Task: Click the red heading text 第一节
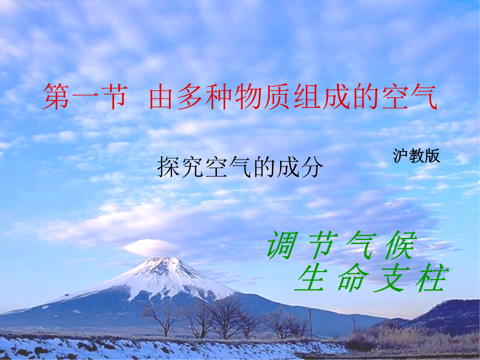coord(85,97)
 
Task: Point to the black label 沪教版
coord(416,156)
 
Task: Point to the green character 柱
coord(432,277)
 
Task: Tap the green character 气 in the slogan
coord(361,245)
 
